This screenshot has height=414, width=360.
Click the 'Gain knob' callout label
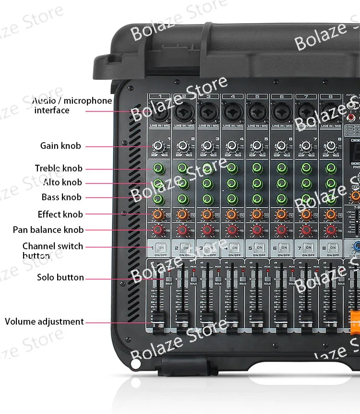60,146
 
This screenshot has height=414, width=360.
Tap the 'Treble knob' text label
59,168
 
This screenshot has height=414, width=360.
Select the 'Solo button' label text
60,277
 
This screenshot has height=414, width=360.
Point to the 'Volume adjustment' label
44,321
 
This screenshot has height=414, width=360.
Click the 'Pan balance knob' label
48,230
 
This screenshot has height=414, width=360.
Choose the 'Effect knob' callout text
60,214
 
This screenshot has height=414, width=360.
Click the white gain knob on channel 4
232,146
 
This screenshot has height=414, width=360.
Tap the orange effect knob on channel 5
256,214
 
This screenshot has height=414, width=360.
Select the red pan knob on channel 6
281,231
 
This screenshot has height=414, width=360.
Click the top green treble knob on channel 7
306,168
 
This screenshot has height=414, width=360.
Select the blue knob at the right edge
356,247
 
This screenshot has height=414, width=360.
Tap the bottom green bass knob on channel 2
182,198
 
